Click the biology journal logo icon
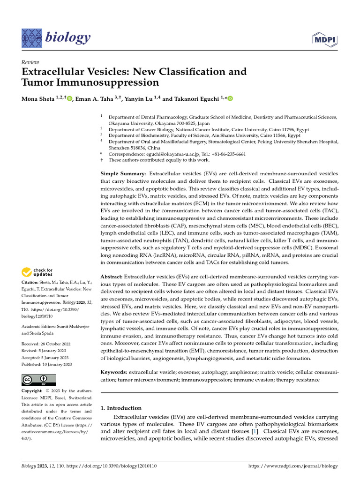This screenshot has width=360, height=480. [x=31, y=37]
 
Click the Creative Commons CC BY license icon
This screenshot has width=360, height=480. [x=38, y=380]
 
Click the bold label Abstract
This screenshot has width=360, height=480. [x=111, y=277]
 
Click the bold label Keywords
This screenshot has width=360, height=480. [x=114, y=372]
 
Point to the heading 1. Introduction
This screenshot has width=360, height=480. [x=121, y=408]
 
